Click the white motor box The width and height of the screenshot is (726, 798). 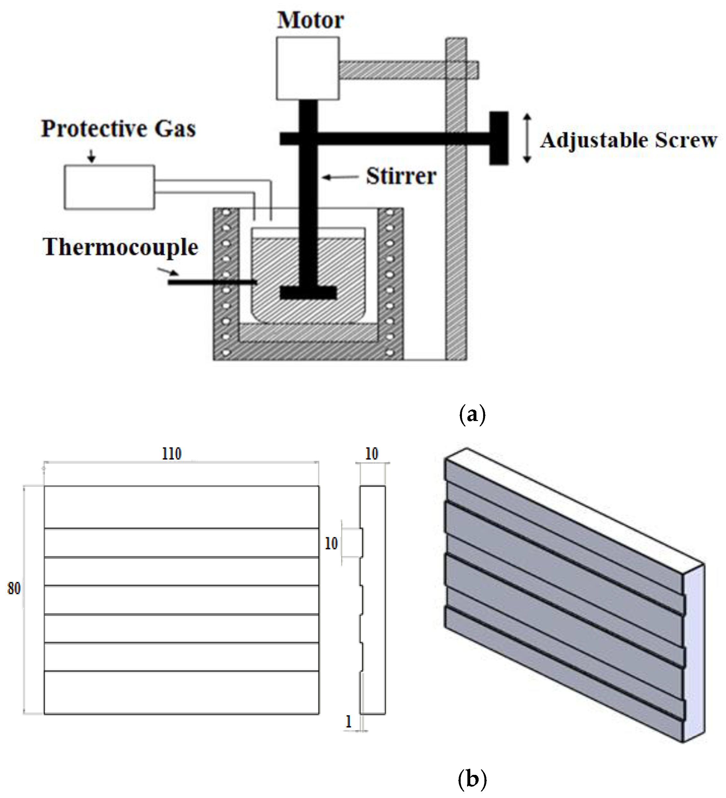tap(308, 68)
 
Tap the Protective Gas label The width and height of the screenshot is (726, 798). tap(119, 129)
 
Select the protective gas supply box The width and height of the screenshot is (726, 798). tap(109, 187)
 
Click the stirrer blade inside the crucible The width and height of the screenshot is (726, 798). tap(308, 293)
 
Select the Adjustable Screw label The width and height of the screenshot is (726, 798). tap(629, 140)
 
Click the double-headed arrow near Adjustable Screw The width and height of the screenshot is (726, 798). tap(527, 138)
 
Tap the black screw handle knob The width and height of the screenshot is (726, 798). tap(499, 138)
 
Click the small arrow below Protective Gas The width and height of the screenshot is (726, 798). tap(92, 156)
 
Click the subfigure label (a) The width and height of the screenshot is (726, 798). tap(471, 415)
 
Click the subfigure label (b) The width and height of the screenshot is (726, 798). tap(471, 779)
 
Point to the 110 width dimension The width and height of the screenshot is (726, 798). tap(172, 454)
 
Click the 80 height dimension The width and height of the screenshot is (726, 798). tap(14, 588)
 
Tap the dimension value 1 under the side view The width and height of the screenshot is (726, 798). tap(349, 721)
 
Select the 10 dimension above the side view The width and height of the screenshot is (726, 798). tap(372, 454)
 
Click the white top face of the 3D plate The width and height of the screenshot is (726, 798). tap(574, 507)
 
